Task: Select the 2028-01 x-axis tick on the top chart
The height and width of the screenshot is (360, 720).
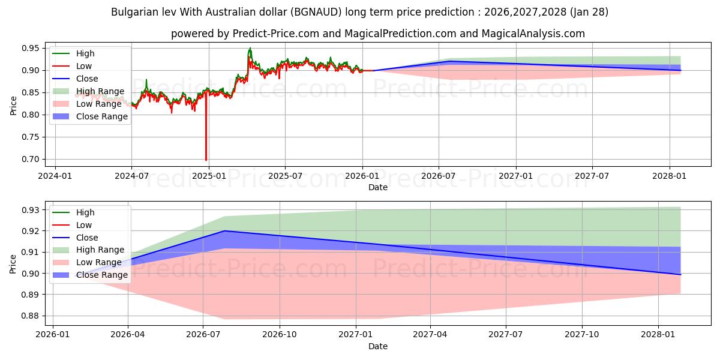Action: [670, 176]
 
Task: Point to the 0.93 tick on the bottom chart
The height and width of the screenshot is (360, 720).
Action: [29, 210]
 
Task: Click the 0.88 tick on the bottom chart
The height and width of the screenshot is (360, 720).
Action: [29, 316]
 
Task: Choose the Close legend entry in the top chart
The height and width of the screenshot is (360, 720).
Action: [87, 79]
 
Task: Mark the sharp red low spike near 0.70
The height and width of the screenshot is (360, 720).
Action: [206, 158]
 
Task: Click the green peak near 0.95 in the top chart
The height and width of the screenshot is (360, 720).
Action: [250, 49]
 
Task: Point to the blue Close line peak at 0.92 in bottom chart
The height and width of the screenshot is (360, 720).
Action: [224, 230]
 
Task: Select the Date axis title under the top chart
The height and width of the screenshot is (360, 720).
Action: [378, 187]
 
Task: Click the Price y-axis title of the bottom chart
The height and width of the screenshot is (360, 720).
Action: [13, 264]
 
